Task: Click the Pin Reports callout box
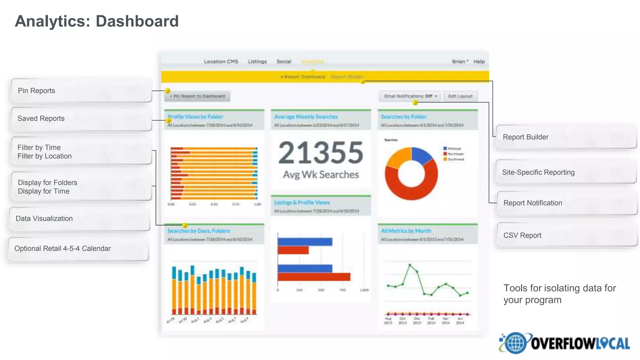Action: (81, 91)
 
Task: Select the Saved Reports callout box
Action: (81, 119)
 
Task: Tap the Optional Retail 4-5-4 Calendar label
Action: (62, 249)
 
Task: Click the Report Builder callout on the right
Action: (566, 137)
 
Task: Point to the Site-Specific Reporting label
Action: (538, 172)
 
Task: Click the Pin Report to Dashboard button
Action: (197, 96)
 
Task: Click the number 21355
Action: (321, 153)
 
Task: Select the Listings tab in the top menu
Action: (257, 62)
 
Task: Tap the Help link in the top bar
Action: (479, 62)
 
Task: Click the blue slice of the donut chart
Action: (422, 155)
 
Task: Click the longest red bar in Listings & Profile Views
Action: (314, 277)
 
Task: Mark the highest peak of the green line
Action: (410, 265)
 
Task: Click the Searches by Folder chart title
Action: (403, 117)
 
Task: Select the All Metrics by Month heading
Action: (406, 231)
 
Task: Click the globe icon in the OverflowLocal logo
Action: (515, 343)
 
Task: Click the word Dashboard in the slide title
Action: (137, 21)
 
